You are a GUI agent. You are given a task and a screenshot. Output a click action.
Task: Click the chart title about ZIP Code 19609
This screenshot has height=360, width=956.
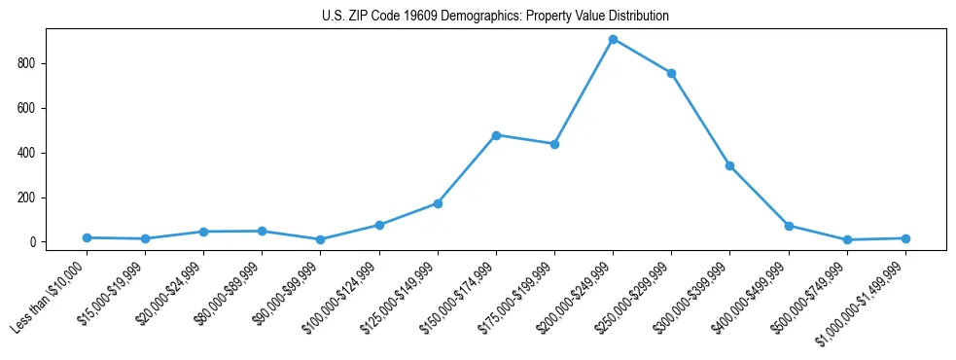[x=495, y=17]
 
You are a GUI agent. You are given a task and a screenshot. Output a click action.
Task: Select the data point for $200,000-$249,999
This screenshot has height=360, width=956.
[x=613, y=39]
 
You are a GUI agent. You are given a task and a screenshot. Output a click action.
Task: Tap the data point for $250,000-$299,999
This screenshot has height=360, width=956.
[x=671, y=73]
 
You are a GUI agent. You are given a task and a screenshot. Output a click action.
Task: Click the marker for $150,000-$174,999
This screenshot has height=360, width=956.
[x=496, y=135]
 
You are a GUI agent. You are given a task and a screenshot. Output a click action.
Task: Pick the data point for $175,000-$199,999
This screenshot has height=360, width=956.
[x=554, y=144]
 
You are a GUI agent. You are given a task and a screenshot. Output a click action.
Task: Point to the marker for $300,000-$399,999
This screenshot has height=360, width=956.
[x=729, y=165]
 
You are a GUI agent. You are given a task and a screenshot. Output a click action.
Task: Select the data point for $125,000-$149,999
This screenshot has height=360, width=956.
[x=438, y=203]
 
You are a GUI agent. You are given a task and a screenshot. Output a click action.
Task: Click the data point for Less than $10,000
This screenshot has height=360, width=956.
[x=87, y=237]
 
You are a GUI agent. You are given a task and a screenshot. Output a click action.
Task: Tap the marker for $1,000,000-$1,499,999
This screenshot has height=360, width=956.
[x=905, y=238]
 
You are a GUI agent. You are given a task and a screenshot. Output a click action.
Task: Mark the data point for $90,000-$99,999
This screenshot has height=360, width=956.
[x=320, y=239]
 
